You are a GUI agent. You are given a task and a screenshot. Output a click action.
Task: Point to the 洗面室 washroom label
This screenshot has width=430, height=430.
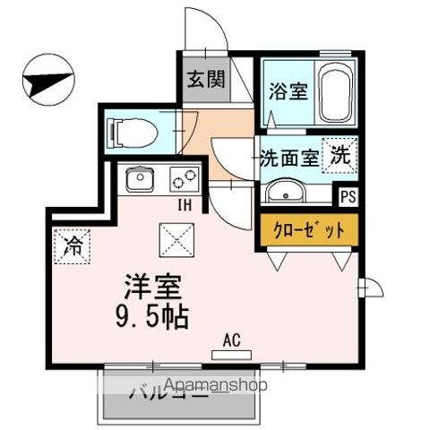(288, 159)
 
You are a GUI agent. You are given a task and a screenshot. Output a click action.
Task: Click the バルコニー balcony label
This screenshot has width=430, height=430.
(168, 391)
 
